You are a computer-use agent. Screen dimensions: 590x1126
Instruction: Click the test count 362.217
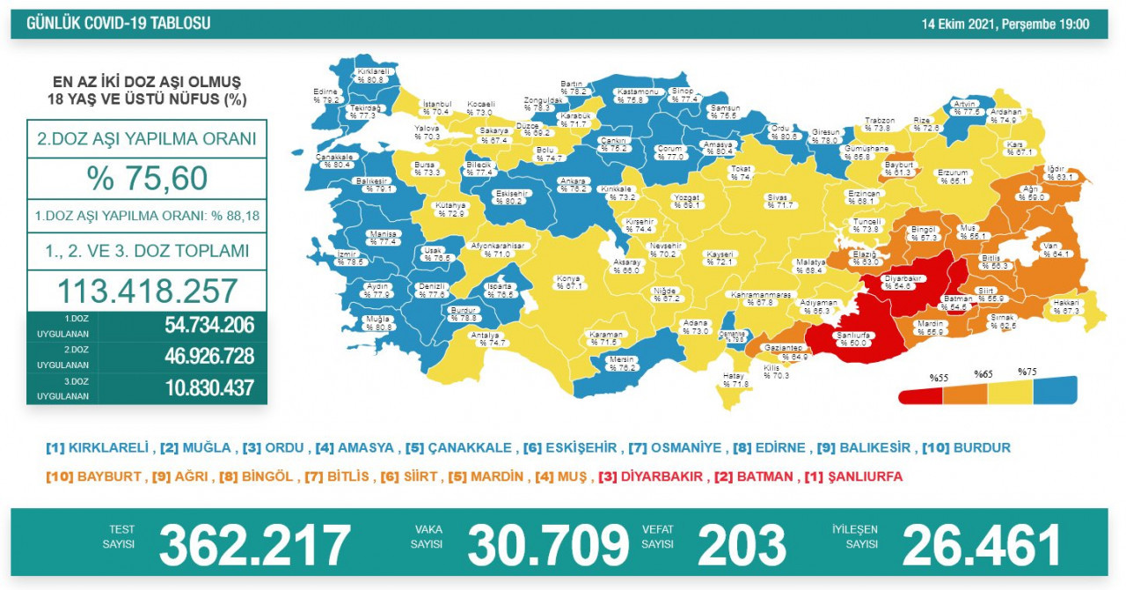coord(254,544)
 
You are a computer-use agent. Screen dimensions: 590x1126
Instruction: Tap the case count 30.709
coord(548,544)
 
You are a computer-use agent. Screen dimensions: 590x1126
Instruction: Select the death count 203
coord(742,544)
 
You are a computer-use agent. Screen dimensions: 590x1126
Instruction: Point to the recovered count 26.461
coord(981,544)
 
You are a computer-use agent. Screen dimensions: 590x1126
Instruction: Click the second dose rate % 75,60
coord(147,179)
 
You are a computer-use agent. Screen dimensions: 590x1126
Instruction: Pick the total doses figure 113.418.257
coord(147,291)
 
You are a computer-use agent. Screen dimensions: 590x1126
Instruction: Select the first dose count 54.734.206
coord(208,325)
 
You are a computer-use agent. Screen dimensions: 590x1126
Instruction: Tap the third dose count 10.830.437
coord(208,387)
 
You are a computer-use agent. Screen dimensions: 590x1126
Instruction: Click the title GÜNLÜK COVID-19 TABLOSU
coord(119,24)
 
